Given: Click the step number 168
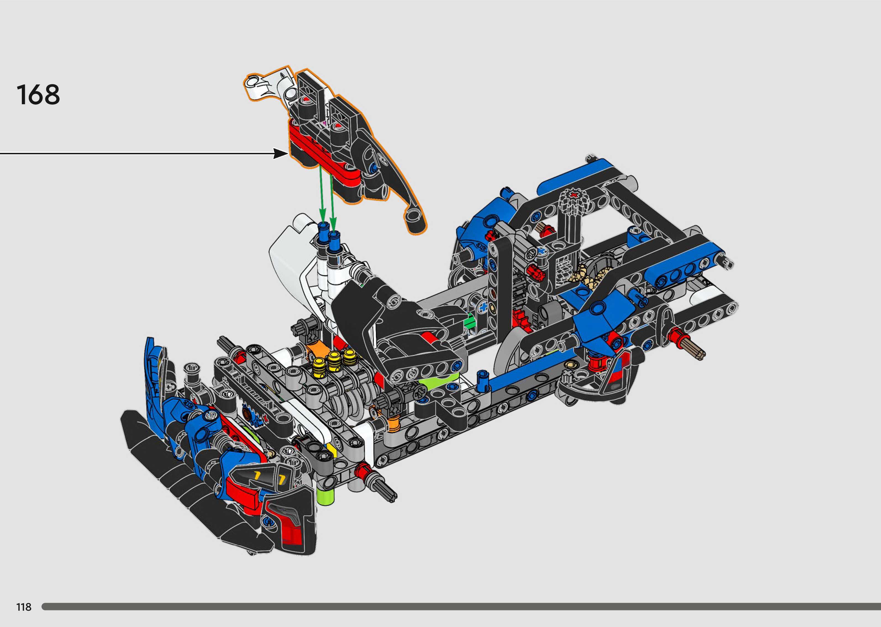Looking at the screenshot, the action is pyautogui.click(x=38, y=95).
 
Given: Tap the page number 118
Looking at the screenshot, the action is pyautogui.click(x=23, y=607).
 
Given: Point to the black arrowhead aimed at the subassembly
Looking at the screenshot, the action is pyautogui.click(x=281, y=153).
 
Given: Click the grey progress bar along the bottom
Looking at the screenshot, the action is pyautogui.click(x=461, y=607).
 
